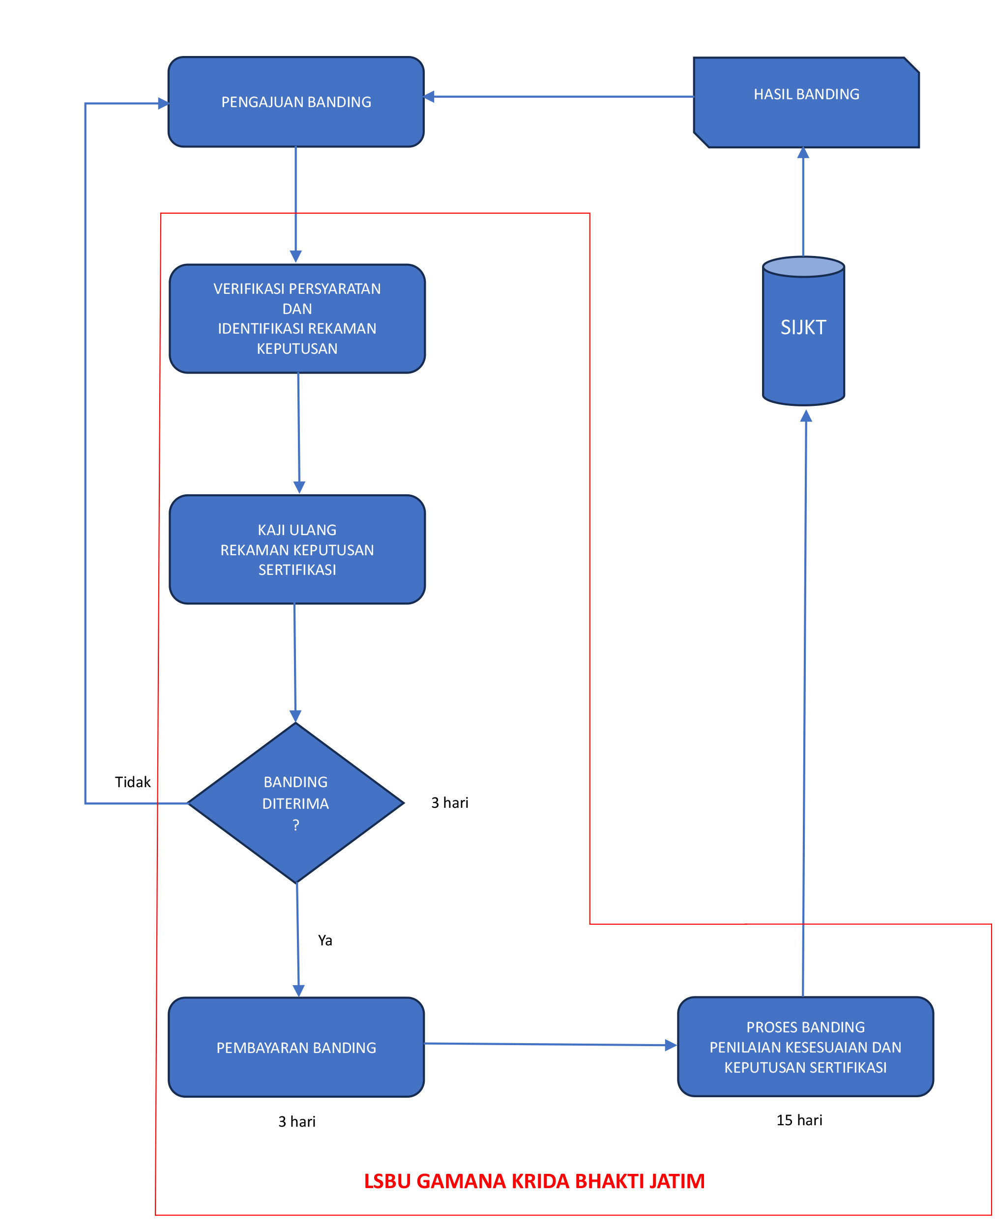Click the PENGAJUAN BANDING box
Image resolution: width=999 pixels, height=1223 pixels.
pyautogui.click(x=296, y=102)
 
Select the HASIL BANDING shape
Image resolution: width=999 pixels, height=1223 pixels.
pyautogui.click(x=806, y=102)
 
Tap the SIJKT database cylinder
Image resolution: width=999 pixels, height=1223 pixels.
pyautogui.click(x=803, y=334)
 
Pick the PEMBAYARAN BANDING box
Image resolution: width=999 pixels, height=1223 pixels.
pyautogui.click(x=296, y=1048)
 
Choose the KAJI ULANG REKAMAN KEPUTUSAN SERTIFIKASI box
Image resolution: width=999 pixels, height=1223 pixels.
pyautogui.click(x=297, y=550)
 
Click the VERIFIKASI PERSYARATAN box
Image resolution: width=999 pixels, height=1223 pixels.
pyautogui.click(x=297, y=318)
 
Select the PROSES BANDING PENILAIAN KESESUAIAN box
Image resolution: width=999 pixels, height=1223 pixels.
pyautogui.click(x=805, y=1047)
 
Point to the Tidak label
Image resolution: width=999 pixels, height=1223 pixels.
pyautogui.click(x=132, y=782)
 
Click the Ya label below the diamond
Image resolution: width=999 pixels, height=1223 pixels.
pyautogui.click(x=325, y=940)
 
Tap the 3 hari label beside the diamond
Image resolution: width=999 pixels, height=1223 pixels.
pyautogui.click(x=449, y=803)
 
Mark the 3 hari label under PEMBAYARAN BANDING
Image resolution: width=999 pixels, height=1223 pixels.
pyautogui.click(x=297, y=1121)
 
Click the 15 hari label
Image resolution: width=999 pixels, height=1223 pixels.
pyautogui.click(x=799, y=1120)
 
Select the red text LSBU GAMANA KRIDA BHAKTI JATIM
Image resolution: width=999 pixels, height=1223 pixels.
pyautogui.click(x=534, y=1181)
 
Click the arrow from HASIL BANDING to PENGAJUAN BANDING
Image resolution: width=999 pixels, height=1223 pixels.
pyautogui.click(x=558, y=97)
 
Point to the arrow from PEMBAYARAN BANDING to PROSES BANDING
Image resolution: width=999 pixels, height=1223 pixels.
pyautogui.click(x=550, y=1045)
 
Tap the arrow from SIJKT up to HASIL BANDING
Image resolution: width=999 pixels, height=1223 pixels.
pyautogui.click(x=803, y=201)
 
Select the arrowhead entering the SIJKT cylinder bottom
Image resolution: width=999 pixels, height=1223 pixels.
pyautogui.click(x=806, y=416)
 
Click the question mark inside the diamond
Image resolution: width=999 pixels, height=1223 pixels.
pyautogui.click(x=296, y=825)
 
